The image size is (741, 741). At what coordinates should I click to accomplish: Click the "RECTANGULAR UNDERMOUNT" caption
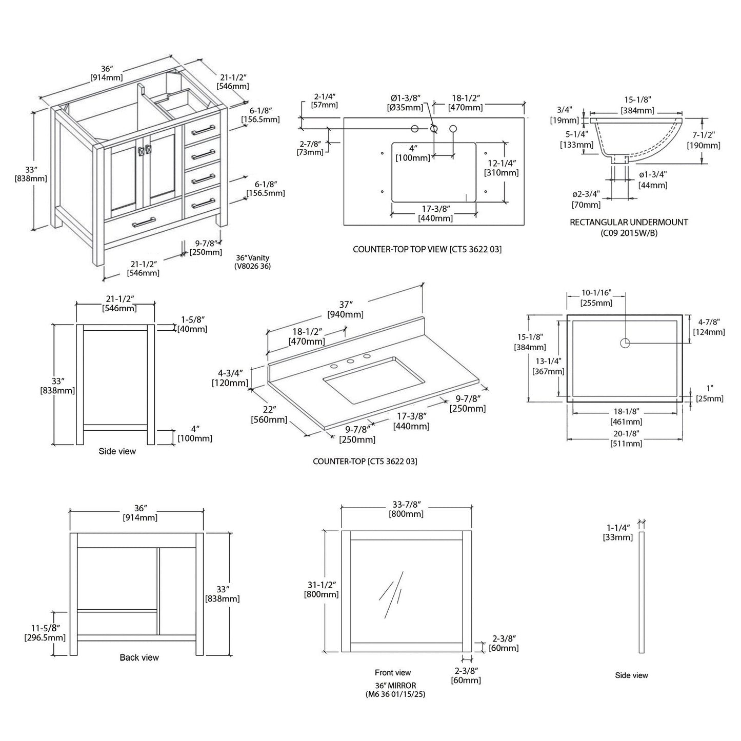[629, 222]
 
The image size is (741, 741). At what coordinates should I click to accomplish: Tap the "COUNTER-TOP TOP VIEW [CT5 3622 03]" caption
[427, 249]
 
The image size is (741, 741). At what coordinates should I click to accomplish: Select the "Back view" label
[139, 657]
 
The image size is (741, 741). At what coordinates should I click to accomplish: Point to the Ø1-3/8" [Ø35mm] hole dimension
[405, 103]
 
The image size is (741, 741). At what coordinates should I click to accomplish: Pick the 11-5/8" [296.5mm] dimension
[45, 633]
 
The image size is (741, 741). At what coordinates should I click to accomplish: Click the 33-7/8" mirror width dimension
[406, 509]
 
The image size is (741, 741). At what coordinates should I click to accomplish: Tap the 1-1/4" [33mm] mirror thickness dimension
[617, 532]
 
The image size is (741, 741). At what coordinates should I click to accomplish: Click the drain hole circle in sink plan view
[625, 343]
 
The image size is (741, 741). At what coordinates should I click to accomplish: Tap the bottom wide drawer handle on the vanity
[144, 222]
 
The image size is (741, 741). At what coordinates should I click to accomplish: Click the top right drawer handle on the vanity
[204, 130]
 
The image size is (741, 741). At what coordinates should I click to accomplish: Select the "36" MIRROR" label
[395, 686]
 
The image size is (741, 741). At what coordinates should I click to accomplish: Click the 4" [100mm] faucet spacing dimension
[412, 153]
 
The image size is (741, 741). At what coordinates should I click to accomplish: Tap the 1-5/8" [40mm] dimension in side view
[192, 324]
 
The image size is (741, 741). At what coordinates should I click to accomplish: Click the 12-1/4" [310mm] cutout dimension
[501, 168]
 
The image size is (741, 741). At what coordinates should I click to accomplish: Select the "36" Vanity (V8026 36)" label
[252, 262]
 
